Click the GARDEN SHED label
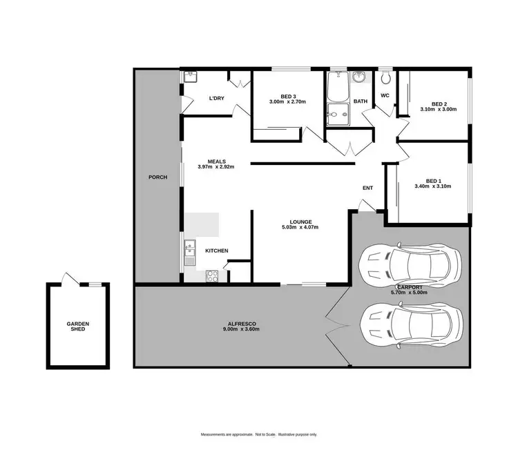point(78,327)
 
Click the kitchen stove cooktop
point(212,275)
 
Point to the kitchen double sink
point(191,256)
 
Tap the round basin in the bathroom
point(358,78)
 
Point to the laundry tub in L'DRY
point(190,77)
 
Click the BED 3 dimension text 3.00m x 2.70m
point(287,102)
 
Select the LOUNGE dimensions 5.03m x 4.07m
point(300,227)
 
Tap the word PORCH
point(158,177)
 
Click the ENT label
point(367,188)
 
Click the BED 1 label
point(432,180)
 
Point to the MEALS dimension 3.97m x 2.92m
point(217,167)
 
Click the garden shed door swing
point(67,278)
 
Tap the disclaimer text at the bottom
point(258,434)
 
